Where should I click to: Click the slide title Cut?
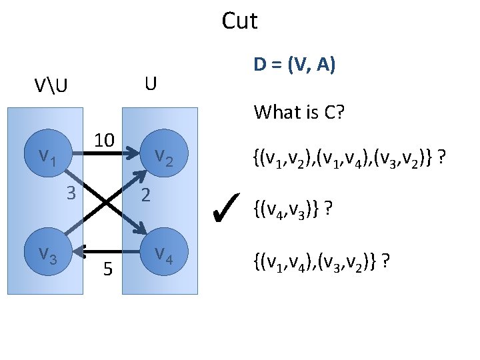(x=239, y=21)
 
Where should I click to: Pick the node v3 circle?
(x=47, y=253)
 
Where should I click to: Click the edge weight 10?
(x=104, y=141)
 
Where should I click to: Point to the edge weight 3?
(x=71, y=194)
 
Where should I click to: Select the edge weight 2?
(x=147, y=195)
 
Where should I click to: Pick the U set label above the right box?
(x=151, y=84)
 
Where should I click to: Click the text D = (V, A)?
(x=294, y=65)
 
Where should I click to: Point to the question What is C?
(x=299, y=112)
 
